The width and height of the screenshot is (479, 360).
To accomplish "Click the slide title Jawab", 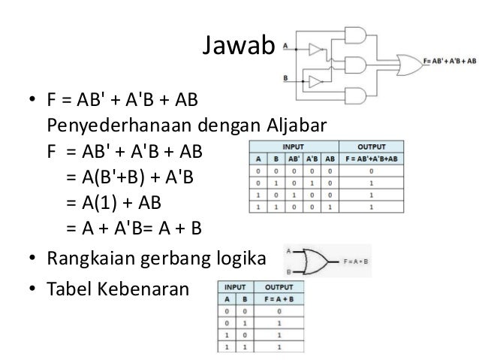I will point(239,47).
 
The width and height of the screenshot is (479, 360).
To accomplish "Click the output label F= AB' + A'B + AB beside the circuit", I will point(450,60).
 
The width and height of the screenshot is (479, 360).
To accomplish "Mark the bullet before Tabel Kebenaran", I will point(32,288).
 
